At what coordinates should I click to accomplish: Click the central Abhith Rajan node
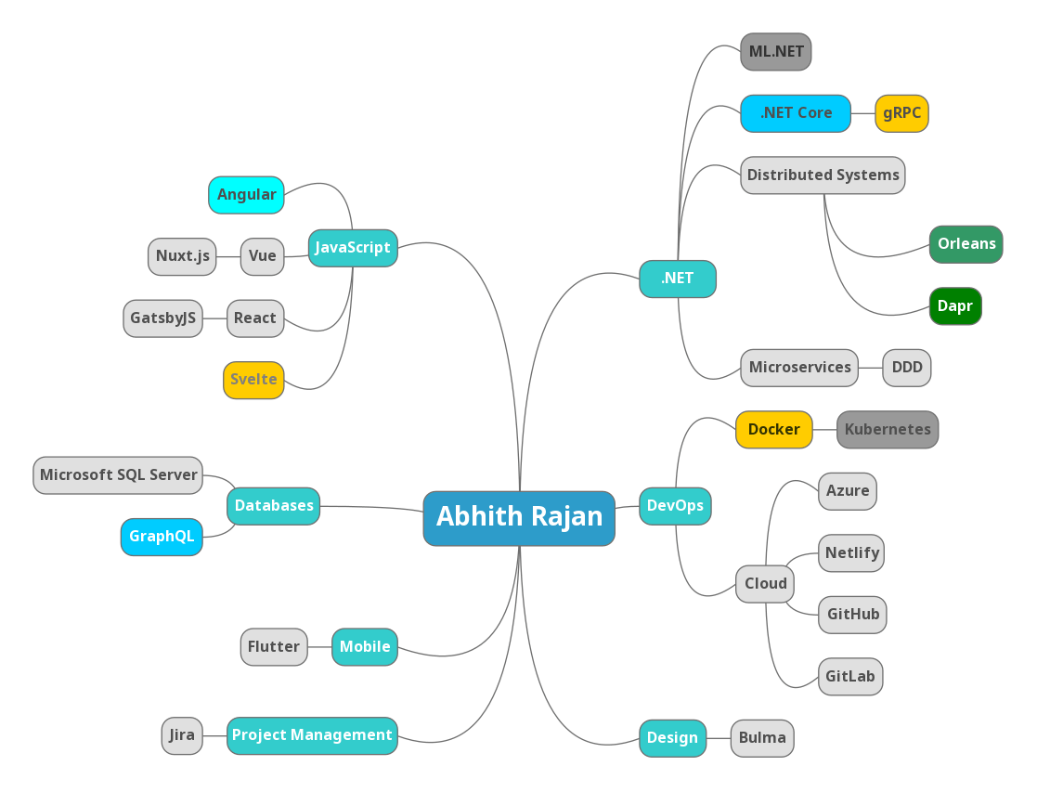coord(519,517)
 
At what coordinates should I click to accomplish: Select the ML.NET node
coord(776,52)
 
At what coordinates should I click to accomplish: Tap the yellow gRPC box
coord(901,113)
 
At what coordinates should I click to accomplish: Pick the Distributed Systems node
coord(823,175)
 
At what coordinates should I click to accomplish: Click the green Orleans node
coord(966,244)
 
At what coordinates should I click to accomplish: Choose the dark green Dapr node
coord(954,306)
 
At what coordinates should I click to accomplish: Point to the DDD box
coord(906,368)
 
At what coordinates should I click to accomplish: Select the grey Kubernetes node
coord(888,430)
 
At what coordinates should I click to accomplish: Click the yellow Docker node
coord(773,430)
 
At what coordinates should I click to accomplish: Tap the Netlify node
coord(851,553)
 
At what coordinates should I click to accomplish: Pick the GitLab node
coord(849,677)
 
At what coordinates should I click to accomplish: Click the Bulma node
coord(762,738)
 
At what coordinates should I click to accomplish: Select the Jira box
coord(182,735)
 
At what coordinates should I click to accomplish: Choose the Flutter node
coord(274,647)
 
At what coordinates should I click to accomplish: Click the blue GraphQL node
coord(162,537)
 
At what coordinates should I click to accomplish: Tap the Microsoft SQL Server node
coord(118,475)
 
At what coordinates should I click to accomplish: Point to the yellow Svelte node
coord(253,380)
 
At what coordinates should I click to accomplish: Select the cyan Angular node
coord(246,195)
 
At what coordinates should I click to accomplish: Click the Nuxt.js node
coord(182,256)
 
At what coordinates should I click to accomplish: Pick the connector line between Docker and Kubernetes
coord(824,430)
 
